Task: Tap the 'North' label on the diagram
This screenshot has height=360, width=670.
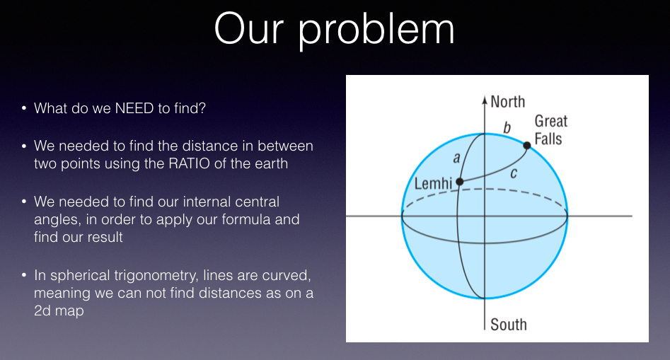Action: pyautogui.click(x=508, y=101)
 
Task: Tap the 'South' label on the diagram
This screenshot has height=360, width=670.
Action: pyautogui.click(x=509, y=325)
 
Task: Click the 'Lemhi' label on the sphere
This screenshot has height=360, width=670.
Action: pyautogui.click(x=433, y=184)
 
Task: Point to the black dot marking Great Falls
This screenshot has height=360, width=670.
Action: pyautogui.click(x=527, y=146)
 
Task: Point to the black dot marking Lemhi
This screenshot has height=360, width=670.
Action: pyautogui.click(x=459, y=182)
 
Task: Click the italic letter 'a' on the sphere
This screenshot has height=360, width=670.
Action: pyautogui.click(x=456, y=158)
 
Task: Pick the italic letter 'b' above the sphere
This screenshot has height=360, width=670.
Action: pyautogui.click(x=506, y=127)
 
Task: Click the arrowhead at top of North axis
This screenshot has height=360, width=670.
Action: pyautogui.click(x=485, y=99)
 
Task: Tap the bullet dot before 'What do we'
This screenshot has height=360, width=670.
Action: pyautogui.click(x=24, y=109)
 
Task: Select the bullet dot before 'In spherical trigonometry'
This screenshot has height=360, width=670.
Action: pyautogui.click(x=24, y=274)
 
